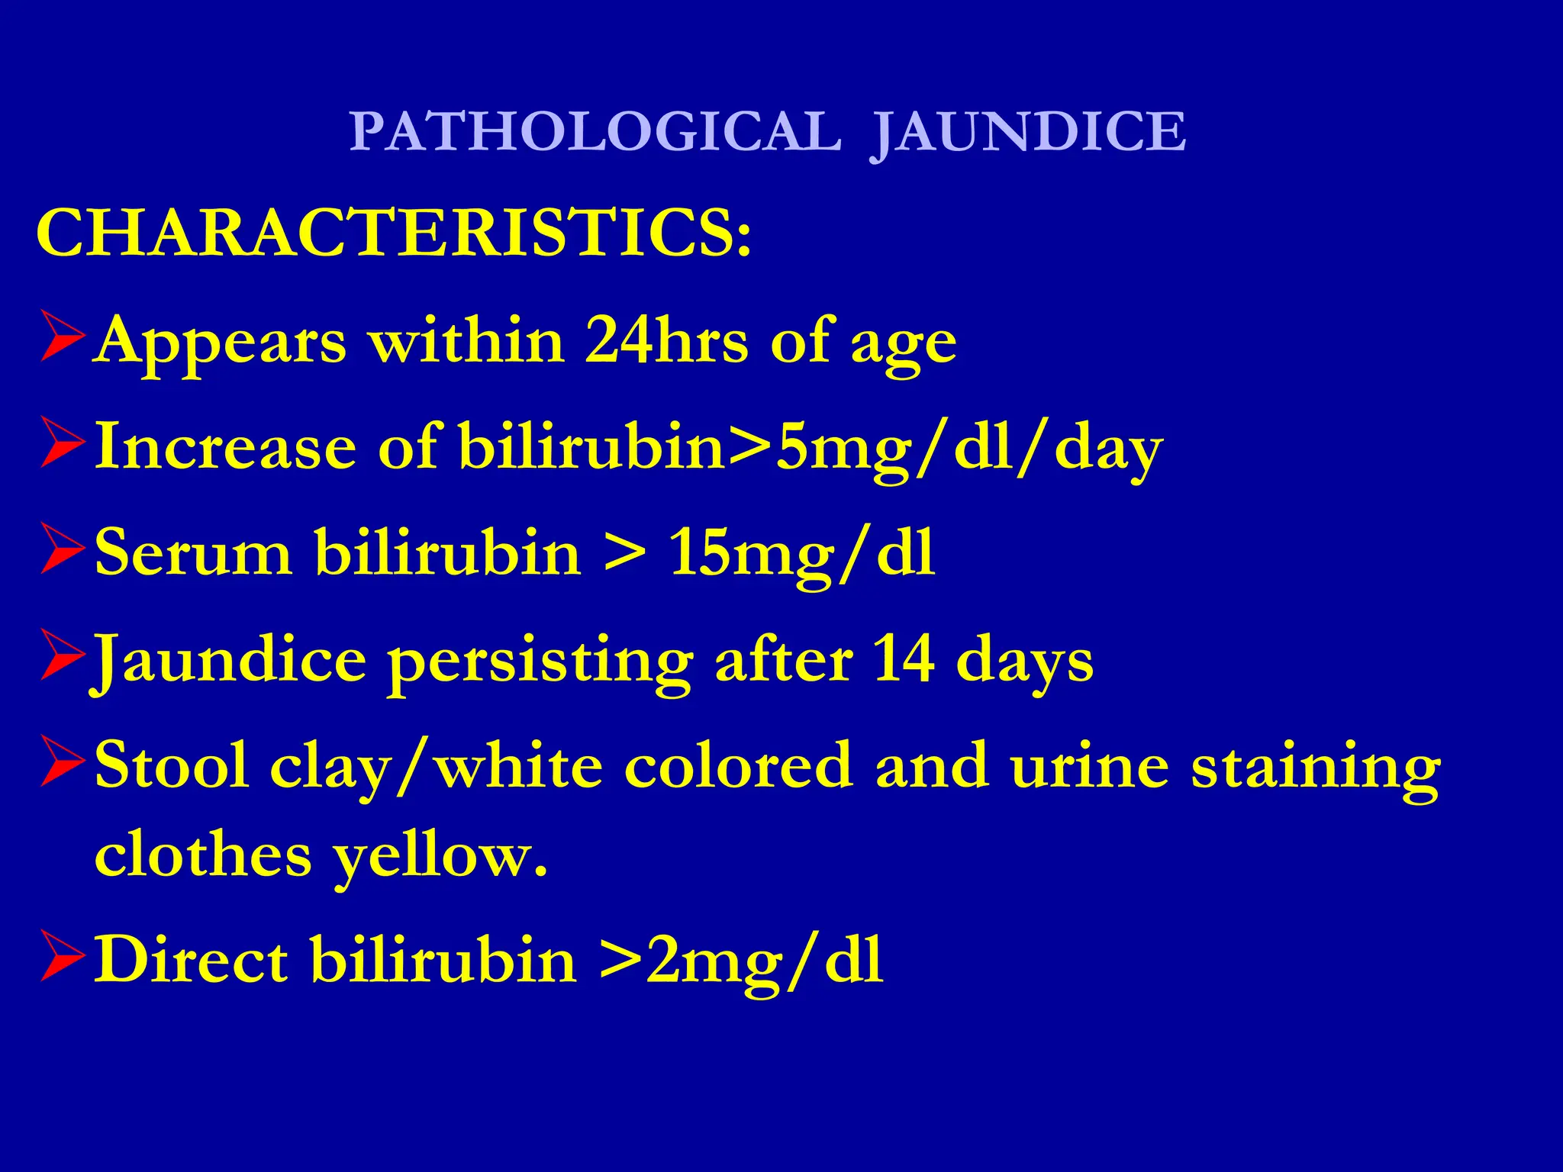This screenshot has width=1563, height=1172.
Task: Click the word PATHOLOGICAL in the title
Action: tap(595, 132)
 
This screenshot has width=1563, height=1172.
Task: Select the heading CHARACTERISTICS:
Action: tap(394, 233)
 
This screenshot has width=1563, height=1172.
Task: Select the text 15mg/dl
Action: tap(801, 553)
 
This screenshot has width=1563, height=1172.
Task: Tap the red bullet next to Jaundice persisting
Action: tap(61, 657)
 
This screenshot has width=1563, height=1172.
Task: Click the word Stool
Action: tap(171, 765)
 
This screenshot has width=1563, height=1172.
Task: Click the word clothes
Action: tap(203, 855)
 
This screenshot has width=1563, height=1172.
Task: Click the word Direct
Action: tap(191, 959)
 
